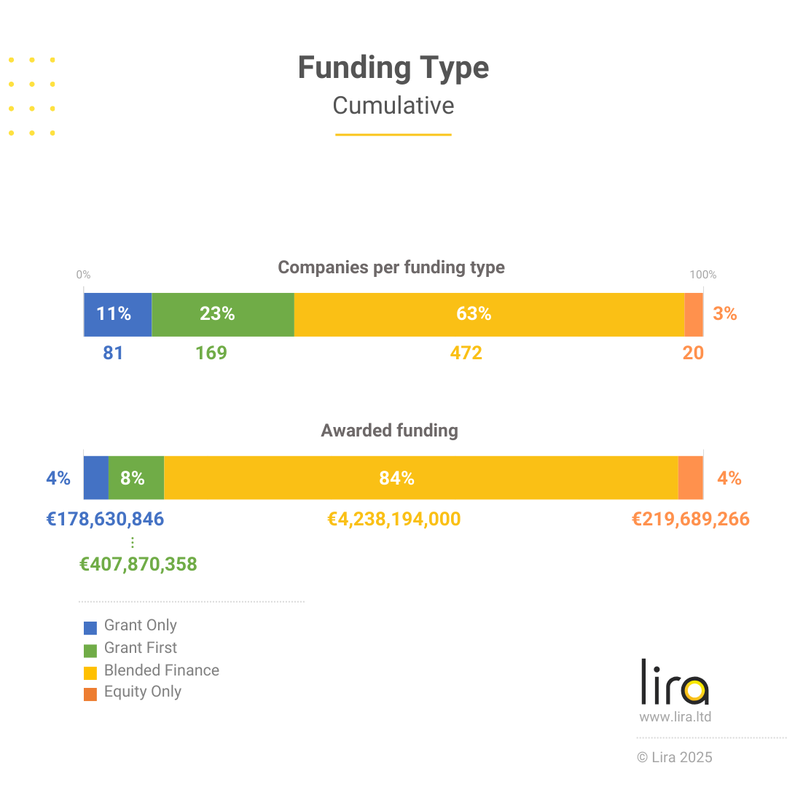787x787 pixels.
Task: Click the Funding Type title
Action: (x=393, y=68)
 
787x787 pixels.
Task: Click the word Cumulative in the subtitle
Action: (x=393, y=106)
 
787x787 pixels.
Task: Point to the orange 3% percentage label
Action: (x=725, y=314)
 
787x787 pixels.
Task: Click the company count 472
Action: (x=466, y=353)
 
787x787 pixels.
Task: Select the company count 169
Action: (x=211, y=353)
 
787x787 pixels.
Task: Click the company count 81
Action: (x=113, y=353)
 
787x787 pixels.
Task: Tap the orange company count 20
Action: (x=693, y=353)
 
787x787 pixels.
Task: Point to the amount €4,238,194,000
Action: (x=394, y=520)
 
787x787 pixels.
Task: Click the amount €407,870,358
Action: (x=138, y=565)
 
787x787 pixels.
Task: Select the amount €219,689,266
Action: (x=690, y=520)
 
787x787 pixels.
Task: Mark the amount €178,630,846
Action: (x=106, y=520)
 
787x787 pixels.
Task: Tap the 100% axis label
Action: (x=703, y=275)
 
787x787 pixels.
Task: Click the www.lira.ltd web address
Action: (x=675, y=717)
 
